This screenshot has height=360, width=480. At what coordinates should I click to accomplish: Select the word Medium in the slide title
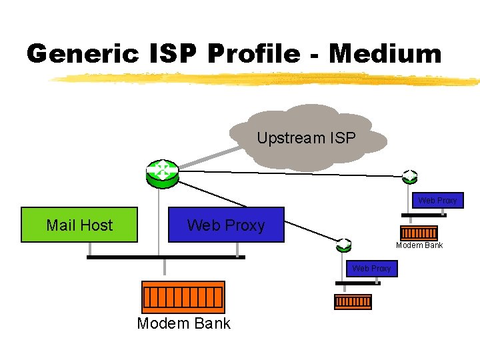(385, 53)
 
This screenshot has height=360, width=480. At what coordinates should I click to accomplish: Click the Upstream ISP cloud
(307, 138)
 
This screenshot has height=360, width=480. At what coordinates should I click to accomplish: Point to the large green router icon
(162, 172)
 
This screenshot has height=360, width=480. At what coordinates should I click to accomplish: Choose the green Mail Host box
(79, 225)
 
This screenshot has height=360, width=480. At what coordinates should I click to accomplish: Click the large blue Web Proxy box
(226, 225)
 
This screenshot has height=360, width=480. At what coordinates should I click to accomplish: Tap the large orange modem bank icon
(183, 297)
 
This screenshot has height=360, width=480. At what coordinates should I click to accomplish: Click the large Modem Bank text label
(183, 324)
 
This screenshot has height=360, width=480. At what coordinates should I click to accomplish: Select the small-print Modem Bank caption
(419, 245)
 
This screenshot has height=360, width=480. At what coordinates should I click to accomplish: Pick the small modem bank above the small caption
(419, 233)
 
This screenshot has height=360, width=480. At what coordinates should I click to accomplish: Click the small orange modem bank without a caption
(353, 302)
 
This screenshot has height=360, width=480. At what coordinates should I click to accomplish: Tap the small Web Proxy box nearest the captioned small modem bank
(437, 200)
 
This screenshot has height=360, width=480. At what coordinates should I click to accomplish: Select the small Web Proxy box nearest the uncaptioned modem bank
(371, 268)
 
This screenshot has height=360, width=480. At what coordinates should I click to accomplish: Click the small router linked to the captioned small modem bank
(409, 176)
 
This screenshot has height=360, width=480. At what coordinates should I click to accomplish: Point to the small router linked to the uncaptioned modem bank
(343, 244)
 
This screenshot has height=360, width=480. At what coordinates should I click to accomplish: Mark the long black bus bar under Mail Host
(166, 257)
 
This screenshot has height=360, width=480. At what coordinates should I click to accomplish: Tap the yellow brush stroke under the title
(267, 79)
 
